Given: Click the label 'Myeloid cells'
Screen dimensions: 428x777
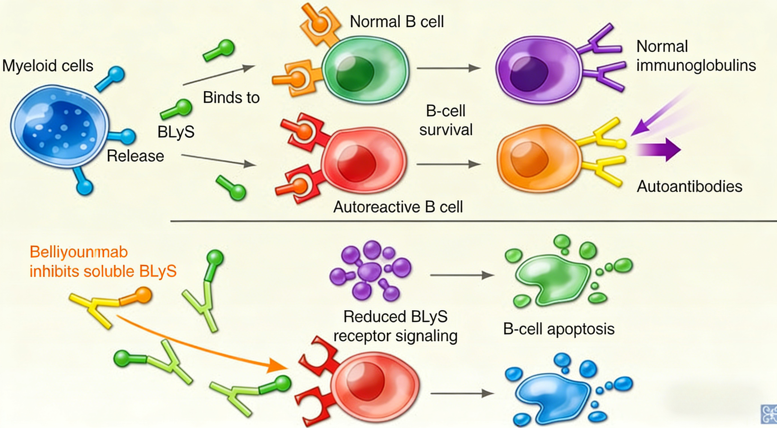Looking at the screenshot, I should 48,66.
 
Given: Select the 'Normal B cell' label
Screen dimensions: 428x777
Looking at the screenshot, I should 396,22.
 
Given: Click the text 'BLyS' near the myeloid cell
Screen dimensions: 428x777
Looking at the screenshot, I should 176,132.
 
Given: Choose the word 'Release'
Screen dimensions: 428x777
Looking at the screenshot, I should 135,156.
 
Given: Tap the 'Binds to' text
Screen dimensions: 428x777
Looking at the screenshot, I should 231,97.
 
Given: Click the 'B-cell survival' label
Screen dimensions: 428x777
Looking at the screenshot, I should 446,120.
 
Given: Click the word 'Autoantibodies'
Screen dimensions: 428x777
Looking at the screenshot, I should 689,187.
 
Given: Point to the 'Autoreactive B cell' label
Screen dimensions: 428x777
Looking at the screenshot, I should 398,207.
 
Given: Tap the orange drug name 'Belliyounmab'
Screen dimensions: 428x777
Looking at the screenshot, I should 79,252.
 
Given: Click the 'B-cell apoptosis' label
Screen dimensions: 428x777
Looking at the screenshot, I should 559,329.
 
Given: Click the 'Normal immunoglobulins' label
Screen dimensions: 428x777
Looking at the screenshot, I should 696,56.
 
